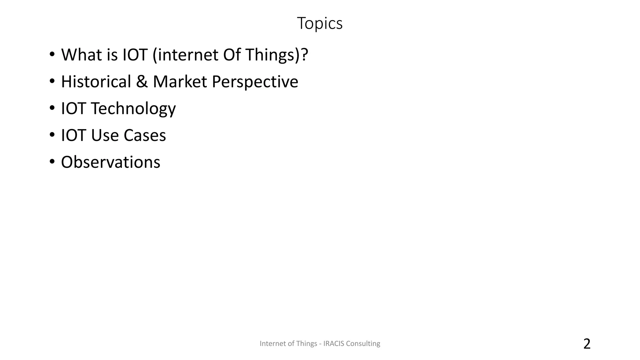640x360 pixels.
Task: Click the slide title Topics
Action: click(x=320, y=23)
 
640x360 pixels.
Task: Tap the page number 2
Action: click(x=587, y=344)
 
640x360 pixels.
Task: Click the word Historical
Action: click(x=96, y=82)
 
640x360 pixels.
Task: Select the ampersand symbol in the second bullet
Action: click(x=142, y=82)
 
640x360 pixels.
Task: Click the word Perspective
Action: click(x=255, y=82)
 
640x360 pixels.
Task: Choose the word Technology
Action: click(x=133, y=109)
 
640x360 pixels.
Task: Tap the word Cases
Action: click(x=145, y=136)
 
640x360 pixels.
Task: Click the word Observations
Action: click(x=111, y=162)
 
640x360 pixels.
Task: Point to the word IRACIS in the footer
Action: click(x=333, y=343)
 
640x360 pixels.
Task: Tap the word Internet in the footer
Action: click(x=273, y=343)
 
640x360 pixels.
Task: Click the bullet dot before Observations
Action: click(x=52, y=162)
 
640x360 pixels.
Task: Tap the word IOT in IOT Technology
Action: click(x=73, y=108)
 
